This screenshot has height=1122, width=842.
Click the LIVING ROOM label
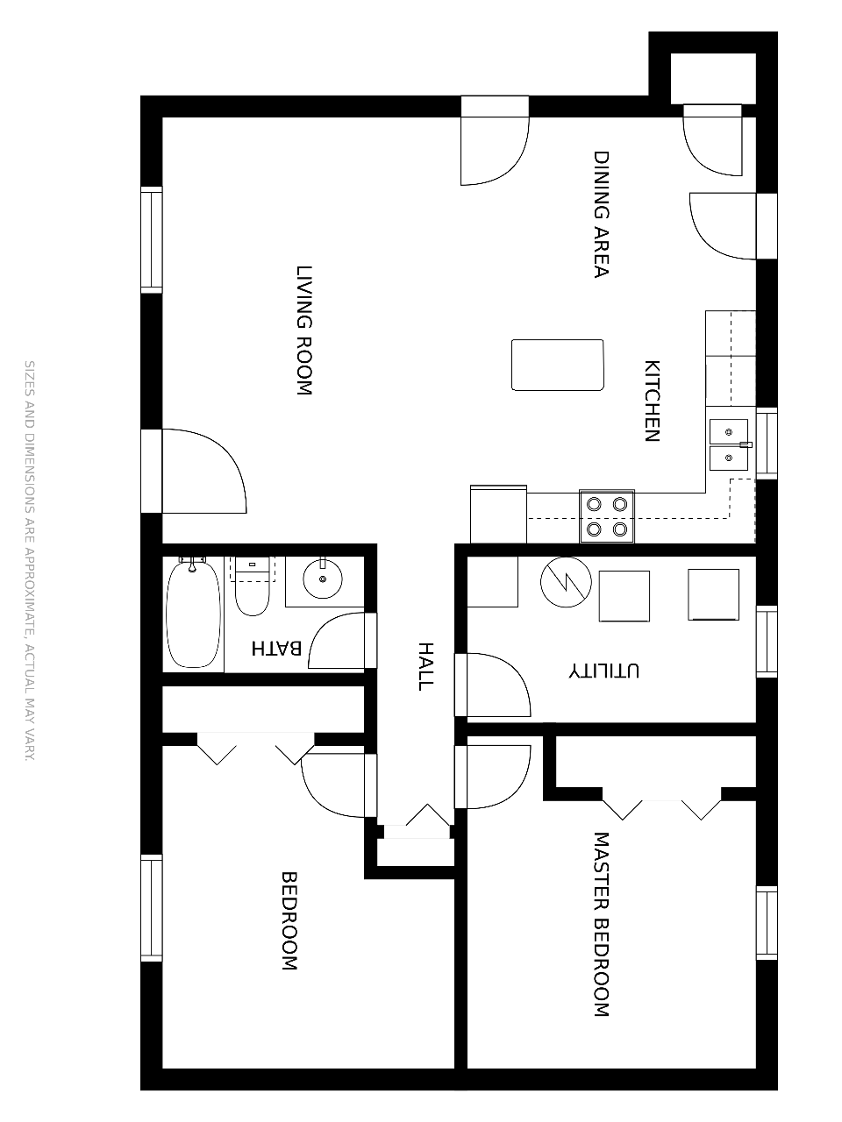(304, 330)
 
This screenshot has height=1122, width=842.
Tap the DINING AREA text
(601, 214)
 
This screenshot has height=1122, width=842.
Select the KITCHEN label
(652, 401)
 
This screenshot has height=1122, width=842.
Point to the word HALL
(426, 666)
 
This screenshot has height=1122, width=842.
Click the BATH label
(276, 648)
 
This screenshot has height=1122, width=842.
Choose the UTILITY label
(603, 671)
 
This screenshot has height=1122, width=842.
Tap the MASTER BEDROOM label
(601, 925)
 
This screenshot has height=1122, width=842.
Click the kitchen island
(557, 365)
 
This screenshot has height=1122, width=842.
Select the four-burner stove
(607, 516)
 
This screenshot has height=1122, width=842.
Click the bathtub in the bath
(193, 613)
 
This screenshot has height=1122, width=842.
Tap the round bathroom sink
(323, 579)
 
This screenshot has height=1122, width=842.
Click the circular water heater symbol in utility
(566, 582)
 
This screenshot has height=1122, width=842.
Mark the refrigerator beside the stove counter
(498, 515)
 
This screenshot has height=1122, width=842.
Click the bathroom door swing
(337, 641)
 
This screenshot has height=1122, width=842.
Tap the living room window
(152, 240)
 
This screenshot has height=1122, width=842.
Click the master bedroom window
(767, 924)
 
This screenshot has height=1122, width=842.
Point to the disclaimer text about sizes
(30, 561)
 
